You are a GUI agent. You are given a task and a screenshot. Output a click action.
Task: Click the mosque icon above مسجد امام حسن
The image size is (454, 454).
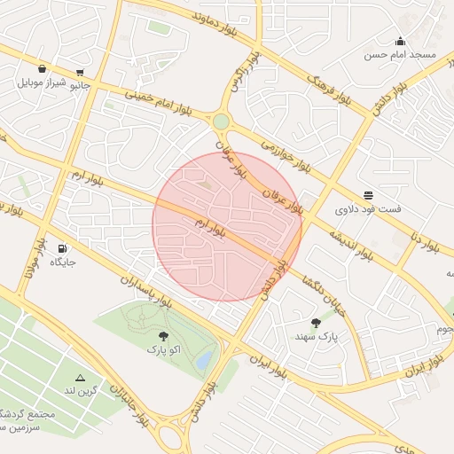tap(400, 41)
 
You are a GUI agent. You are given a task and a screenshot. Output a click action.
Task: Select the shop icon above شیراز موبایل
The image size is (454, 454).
tap(42, 68)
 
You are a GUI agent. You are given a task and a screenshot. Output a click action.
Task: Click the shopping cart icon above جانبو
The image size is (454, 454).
tap(81, 73)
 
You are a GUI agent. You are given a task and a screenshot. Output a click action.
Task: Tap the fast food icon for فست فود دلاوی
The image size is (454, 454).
tap(368, 195)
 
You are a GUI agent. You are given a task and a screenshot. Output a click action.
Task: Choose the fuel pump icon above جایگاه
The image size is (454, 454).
tap(62, 248)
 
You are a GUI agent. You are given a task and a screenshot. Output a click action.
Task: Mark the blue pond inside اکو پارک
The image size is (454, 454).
tap(205, 359)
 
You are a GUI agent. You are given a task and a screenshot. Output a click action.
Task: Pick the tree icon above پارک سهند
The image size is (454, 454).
tap(317, 323)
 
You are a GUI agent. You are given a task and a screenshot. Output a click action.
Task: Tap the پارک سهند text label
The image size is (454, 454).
tap(317, 337)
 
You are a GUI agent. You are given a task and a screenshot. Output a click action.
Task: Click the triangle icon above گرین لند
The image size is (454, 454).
tap(80, 377)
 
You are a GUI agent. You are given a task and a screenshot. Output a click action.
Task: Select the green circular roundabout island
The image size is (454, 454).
tap(221, 121)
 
